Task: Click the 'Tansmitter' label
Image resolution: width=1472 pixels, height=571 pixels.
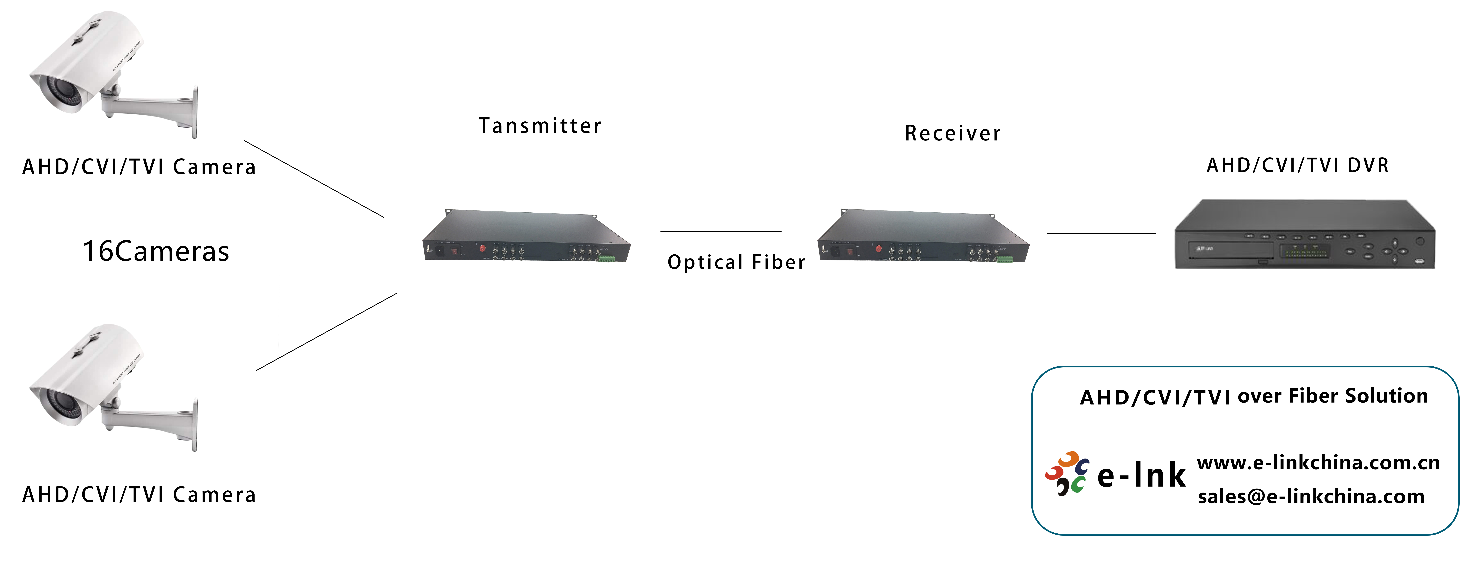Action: tap(540, 126)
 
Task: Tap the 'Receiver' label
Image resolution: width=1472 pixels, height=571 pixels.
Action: tap(953, 133)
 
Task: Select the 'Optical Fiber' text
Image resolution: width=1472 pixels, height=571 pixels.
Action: tap(736, 262)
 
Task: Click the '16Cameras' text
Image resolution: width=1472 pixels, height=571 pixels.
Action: tap(156, 251)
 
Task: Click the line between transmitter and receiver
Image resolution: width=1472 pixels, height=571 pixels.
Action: tap(721, 231)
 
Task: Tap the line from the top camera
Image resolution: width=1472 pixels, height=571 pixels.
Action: tap(314, 179)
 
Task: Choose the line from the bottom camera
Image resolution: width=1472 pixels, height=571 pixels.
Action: tap(326, 332)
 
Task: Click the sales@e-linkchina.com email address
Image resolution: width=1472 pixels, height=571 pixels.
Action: tap(1311, 496)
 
